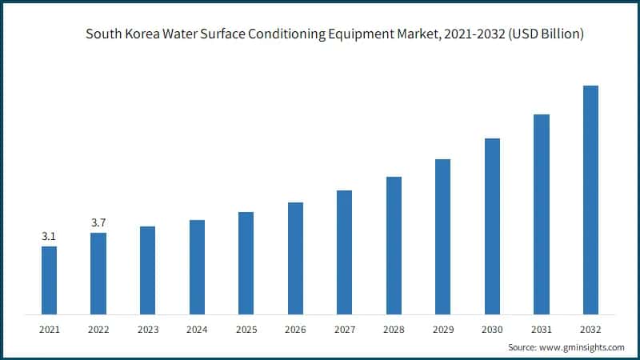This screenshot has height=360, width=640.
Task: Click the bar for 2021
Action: tap(49, 280)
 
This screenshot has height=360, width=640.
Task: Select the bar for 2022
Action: tap(98, 273)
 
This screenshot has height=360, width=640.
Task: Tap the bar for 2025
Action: tap(246, 262)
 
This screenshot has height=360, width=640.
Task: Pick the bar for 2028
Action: tap(394, 245)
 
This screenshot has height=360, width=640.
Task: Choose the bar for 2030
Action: tap(492, 226)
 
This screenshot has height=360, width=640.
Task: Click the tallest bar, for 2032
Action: tap(590, 199)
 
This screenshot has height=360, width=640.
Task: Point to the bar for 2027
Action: tap(344, 252)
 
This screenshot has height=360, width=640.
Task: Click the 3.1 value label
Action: tap(49, 237)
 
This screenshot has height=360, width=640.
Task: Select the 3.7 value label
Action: tap(98, 223)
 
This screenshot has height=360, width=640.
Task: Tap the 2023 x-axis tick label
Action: tap(147, 329)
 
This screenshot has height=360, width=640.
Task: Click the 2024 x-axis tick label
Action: tap(197, 329)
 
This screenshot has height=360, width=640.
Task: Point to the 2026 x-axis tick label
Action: tap(295, 329)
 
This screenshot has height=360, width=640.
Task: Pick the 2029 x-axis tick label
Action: tap(442, 329)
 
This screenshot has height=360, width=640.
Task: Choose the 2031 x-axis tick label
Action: tap(542, 329)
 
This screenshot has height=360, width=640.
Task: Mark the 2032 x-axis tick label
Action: tap(590, 329)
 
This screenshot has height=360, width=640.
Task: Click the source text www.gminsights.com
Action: tap(585, 348)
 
